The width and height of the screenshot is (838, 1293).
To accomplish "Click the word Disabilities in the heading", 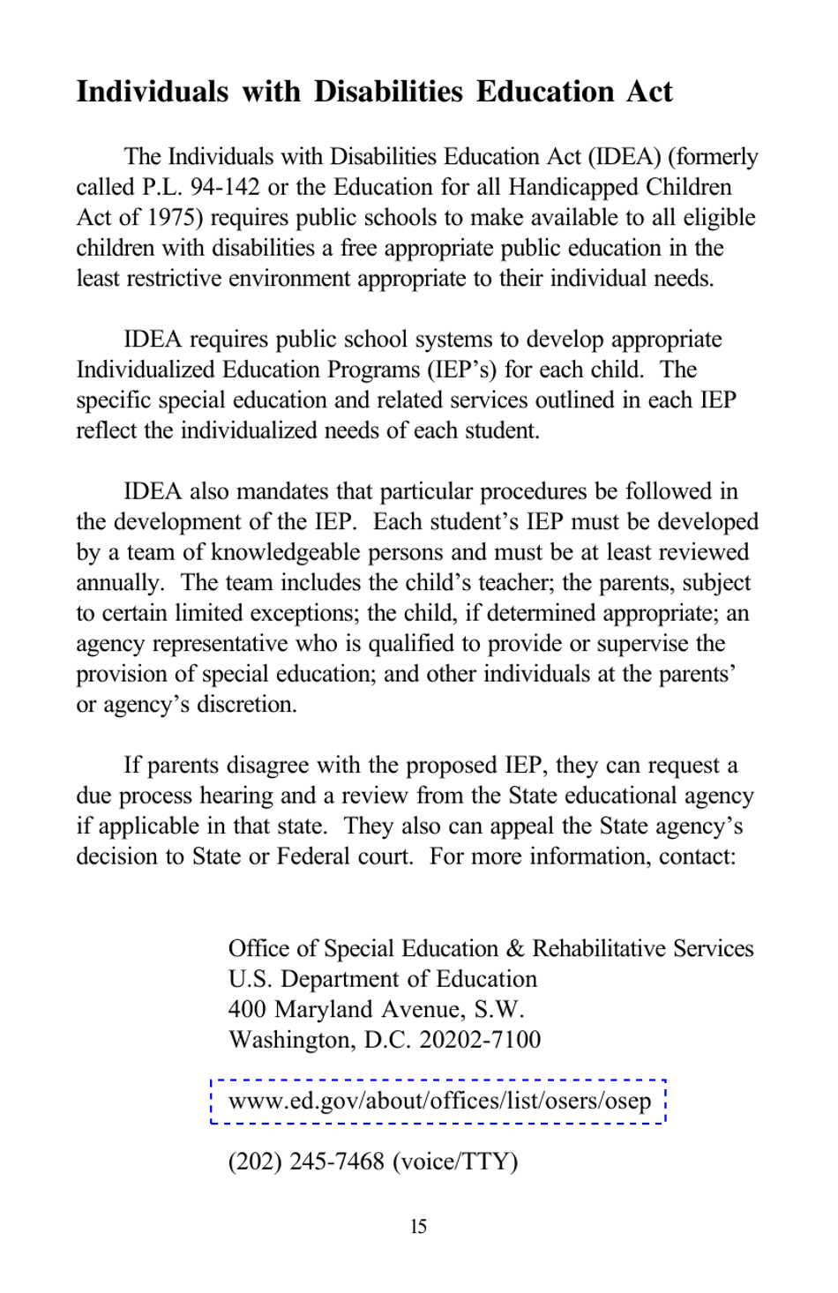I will tap(388, 92).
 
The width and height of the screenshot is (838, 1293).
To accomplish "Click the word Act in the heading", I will tap(649, 92).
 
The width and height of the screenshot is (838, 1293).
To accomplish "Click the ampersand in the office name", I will tap(515, 949).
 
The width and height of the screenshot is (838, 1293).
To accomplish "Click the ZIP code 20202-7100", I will tap(480, 1040).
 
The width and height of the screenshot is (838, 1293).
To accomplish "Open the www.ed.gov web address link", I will tap(438, 1102).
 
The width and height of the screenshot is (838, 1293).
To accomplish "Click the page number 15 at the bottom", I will tap(418, 1227).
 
